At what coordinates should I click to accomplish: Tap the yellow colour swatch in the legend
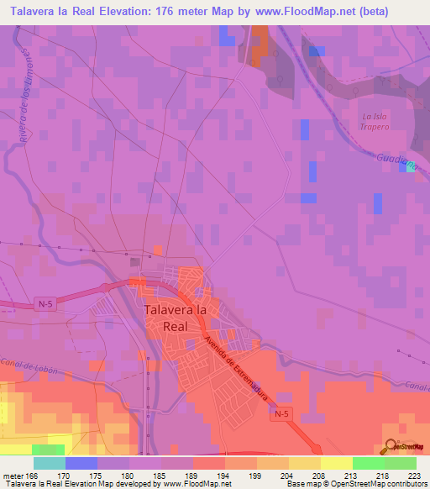[336, 463]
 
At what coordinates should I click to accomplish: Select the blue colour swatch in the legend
[81, 463]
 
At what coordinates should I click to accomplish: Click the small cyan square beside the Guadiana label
[410, 166]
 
